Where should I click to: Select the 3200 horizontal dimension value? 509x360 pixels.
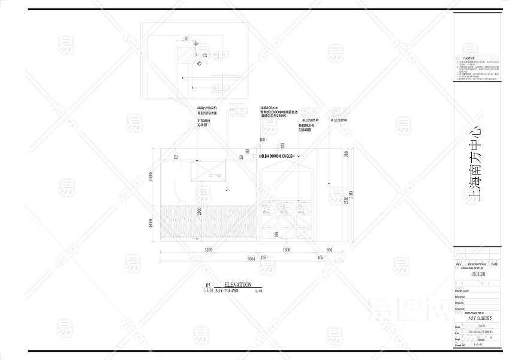208,249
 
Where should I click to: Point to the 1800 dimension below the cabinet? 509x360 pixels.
286,249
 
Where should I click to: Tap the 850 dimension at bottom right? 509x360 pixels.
329,249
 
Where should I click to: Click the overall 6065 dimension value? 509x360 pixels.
251,258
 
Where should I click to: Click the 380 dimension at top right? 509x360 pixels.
346,154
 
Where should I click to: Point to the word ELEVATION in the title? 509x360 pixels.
237,284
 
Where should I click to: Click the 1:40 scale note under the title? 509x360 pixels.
258,291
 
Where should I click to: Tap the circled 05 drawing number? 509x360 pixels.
208,286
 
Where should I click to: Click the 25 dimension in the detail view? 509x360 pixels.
186,38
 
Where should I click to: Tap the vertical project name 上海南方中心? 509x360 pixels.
477,162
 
